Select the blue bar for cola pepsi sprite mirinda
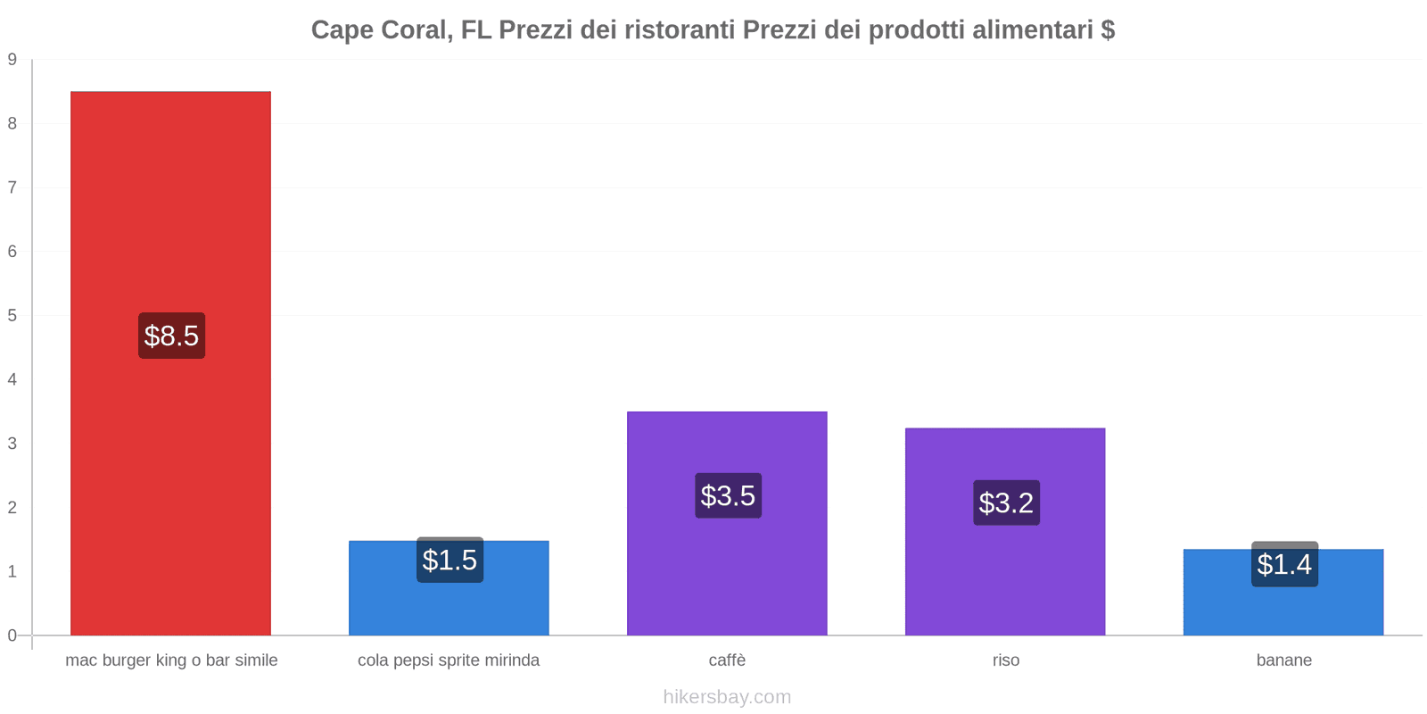[449, 607]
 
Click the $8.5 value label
[171, 336]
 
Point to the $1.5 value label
[450, 560]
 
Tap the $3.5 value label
[728, 495]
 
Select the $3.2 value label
[1006, 502]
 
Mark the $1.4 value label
[1284, 565]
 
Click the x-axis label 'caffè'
[727, 660]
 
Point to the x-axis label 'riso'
[1005, 660]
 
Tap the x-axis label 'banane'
[1283, 660]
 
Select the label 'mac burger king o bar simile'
[171, 660]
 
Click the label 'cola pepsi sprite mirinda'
[449, 660]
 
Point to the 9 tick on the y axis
[12, 60]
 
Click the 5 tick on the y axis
[12, 316]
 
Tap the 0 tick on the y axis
[12, 635]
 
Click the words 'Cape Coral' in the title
[378, 30]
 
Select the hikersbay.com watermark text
[727, 697]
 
